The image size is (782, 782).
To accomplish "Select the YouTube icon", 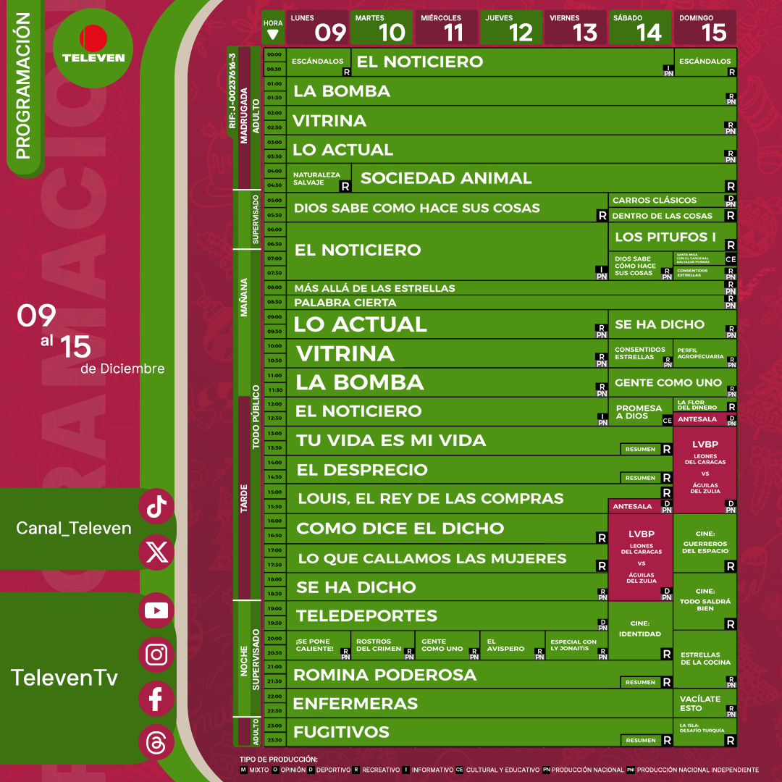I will (156, 610).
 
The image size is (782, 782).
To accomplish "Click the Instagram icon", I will (156, 655).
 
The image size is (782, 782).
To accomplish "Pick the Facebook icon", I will (156, 699).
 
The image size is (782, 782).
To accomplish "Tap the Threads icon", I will (156, 744).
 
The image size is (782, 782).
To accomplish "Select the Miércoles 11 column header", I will (446, 28).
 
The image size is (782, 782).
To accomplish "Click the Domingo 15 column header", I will (705, 28).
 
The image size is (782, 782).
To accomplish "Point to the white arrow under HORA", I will (274, 33).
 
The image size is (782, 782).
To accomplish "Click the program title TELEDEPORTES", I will (366, 616).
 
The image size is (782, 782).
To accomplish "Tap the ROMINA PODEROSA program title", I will (384, 675).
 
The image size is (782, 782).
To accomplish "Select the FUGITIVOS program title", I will (341, 732).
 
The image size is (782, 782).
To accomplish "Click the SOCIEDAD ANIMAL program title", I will (446, 178).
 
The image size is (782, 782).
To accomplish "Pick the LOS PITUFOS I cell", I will (665, 237).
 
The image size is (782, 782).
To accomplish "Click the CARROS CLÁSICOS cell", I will (654, 200).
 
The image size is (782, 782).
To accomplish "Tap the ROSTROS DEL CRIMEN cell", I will (374, 644).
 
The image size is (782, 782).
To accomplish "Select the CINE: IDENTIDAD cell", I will (640, 628).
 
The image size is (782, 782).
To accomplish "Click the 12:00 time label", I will (274, 404).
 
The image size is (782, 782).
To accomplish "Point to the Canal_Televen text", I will (74, 529).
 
